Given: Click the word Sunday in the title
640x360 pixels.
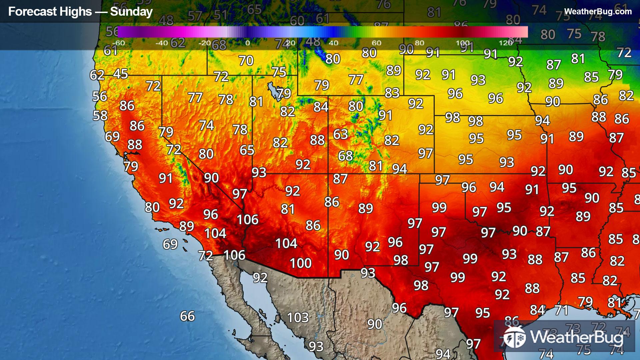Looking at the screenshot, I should pos(131,12).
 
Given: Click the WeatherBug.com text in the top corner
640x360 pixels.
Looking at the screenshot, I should pos(598,12).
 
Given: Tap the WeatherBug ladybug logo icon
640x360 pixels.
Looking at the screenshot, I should pos(514,337).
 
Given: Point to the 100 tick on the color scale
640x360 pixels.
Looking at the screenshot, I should pos(463,43).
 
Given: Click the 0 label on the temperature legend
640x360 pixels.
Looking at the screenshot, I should pos(247,43).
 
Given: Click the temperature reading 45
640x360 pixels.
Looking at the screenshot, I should pos(120,74).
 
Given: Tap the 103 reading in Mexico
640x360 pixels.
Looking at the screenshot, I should pos(298,318).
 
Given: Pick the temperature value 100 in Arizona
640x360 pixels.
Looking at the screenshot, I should pos(301,263).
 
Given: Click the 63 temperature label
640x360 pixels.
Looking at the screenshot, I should pos(340,134).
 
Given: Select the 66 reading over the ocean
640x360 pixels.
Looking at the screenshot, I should pos(187,316).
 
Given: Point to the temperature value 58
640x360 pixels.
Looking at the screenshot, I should pos(100,116).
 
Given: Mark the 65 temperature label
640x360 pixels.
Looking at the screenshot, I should pos(247,150).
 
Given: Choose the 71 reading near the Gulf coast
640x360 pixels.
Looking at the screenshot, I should pos(562,311).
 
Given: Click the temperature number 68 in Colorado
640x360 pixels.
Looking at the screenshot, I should pos(345,156).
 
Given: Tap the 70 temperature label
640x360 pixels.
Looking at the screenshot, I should pos(246,61).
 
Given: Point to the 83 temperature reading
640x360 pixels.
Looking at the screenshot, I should pos(392,93).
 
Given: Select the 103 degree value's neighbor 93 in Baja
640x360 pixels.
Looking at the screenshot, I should pos(316,347).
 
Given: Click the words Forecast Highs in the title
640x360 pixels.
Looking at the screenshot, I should pos(50,12).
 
